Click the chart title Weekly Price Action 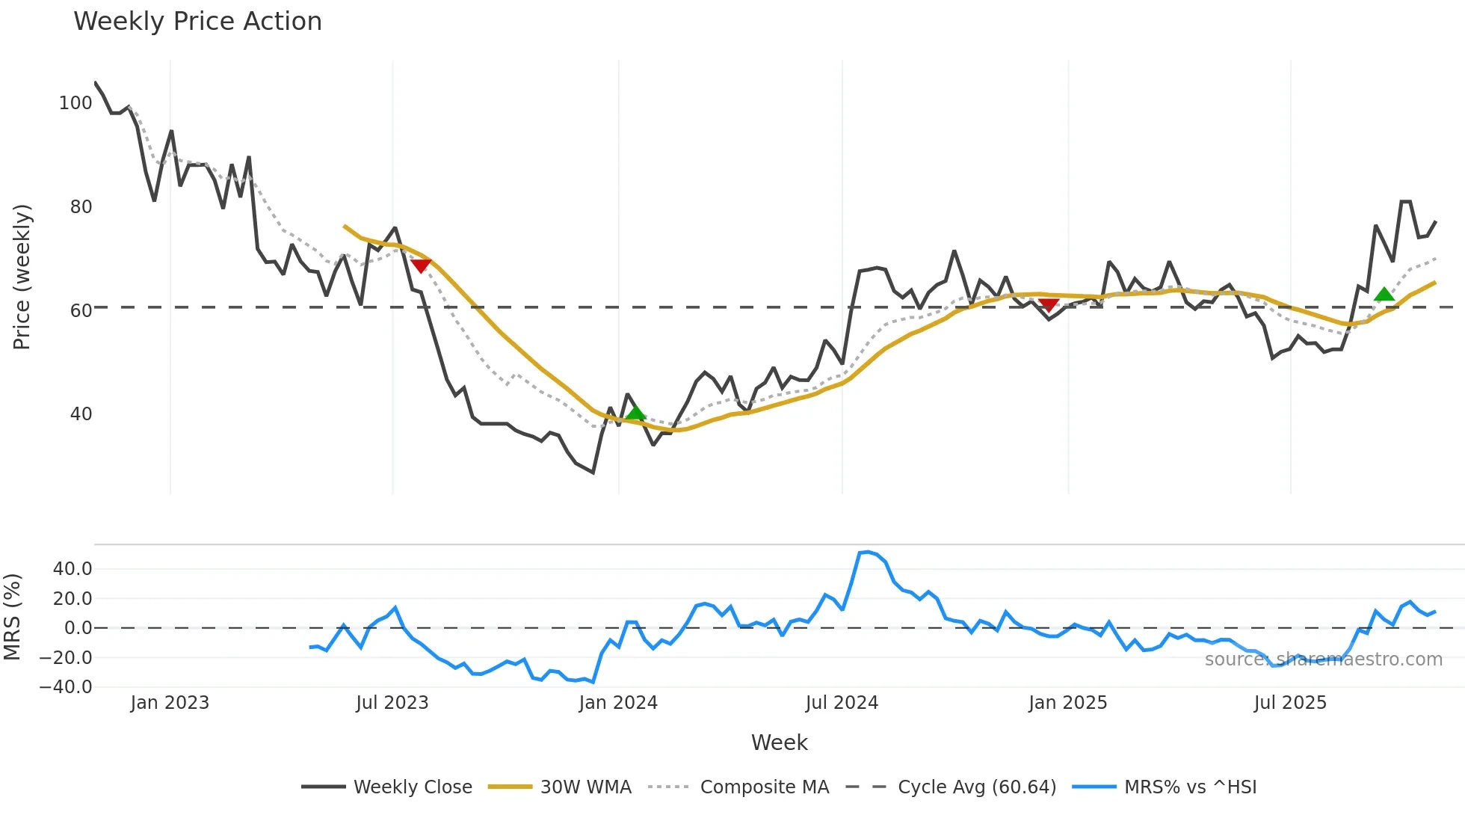tap(197, 22)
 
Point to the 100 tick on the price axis tap(75, 103)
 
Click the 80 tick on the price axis tap(81, 207)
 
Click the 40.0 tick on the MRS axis tap(73, 569)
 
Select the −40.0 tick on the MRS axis tap(66, 687)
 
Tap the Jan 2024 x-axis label tap(618, 703)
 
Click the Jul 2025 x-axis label tap(1290, 703)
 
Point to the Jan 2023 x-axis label tap(170, 703)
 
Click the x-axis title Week tap(779, 742)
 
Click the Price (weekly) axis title tap(22, 277)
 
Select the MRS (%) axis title tap(12, 617)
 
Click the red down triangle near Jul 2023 tap(421, 265)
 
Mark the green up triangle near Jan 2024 tap(635, 413)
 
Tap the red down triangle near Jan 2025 tap(1049, 304)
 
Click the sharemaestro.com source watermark tap(1323, 659)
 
